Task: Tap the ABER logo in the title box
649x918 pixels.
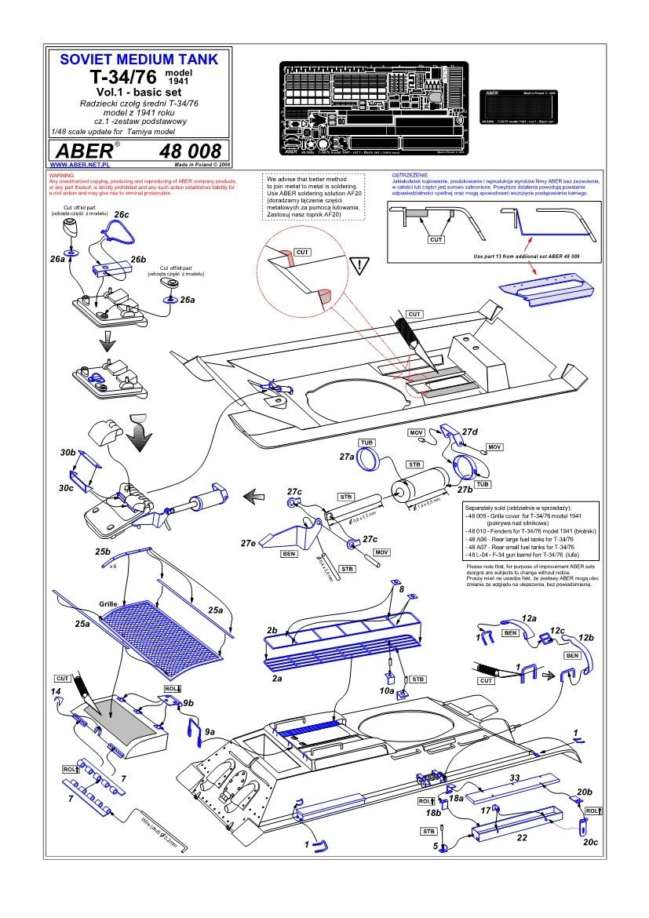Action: coord(82,151)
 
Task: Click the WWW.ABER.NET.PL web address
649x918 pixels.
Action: coord(78,166)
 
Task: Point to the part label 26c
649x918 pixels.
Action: coord(122,214)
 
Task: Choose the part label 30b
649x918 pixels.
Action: coord(67,454)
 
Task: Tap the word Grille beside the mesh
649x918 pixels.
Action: coord(108,605)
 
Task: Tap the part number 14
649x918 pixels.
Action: coord(56,691)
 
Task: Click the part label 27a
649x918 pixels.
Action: coord(348,457)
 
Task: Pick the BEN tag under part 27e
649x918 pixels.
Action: coord(288,553)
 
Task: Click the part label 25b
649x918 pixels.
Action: coord(103,552)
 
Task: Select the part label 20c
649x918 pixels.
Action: coord(590,841)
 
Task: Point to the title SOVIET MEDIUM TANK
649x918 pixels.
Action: coord(134,60)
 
